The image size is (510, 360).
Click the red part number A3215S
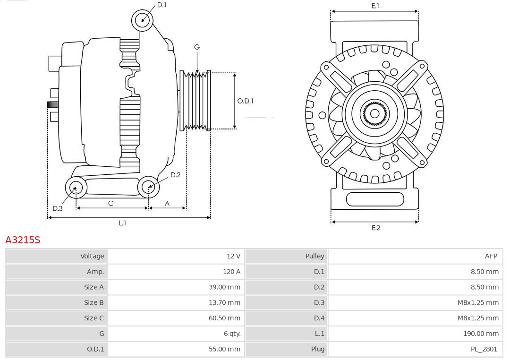(23, 240)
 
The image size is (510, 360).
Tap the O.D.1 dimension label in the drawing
(245, 101)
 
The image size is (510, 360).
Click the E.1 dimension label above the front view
(375, 6)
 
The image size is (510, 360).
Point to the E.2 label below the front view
(375, 228)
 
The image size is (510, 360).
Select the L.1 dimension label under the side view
(122, 223)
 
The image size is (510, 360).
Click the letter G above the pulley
(197, 47)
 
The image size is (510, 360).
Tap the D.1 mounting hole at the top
(142, 20)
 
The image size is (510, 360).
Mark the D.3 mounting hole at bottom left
(75, 188)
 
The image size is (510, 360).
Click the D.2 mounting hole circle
(149, 187)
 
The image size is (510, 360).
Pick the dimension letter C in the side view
(110, 203)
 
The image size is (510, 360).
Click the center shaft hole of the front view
(374, 113)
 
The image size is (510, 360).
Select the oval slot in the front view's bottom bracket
(375, 199)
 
